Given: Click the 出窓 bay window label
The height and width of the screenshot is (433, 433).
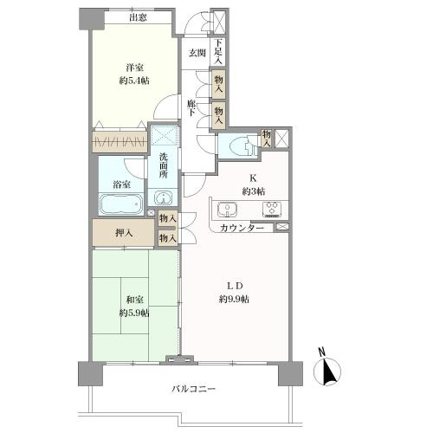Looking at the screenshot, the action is click(x=138, y=18).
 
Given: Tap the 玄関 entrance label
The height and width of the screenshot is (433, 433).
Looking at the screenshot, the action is click(x=197, y=53).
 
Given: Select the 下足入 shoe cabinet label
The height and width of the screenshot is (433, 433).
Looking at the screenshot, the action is click(x=218, y=52).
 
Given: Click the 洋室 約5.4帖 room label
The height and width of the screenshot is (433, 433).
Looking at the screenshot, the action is click(x=134, y=74).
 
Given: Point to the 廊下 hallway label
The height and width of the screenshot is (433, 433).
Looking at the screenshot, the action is click(x=191, y=108).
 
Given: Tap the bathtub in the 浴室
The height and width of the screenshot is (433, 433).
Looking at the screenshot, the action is click(x=121, y=204).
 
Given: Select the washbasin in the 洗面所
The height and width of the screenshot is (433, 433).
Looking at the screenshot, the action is click(x=163, y=198).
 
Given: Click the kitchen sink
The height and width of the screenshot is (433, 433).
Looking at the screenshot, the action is click(x=228, y=209).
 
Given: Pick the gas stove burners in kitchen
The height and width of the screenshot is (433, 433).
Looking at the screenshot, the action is click(x=272, y=209).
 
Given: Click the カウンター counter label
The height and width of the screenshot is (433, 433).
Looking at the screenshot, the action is click(x=242, y=229).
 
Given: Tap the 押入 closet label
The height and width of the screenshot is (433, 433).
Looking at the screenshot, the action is click(x=124, y=233).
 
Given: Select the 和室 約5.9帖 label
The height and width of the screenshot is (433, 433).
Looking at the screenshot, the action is click(x=134, y=307).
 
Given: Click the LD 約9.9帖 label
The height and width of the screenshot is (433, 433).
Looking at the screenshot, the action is click(x=234, y=293).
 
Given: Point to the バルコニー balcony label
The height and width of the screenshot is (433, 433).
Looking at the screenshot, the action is click(x=194, y=389).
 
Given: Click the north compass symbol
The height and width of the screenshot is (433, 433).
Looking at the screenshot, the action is click(x=327, y=368).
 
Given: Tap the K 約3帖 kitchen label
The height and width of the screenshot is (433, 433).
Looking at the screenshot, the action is click(x=254, y=184).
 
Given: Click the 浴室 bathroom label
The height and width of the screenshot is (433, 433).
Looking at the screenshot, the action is click(x=121, y=184).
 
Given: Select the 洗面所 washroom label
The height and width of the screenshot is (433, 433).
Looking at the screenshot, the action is click(x=164, y=165).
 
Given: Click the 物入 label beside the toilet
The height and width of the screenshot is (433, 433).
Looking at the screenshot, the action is click(x=266, y=139).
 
